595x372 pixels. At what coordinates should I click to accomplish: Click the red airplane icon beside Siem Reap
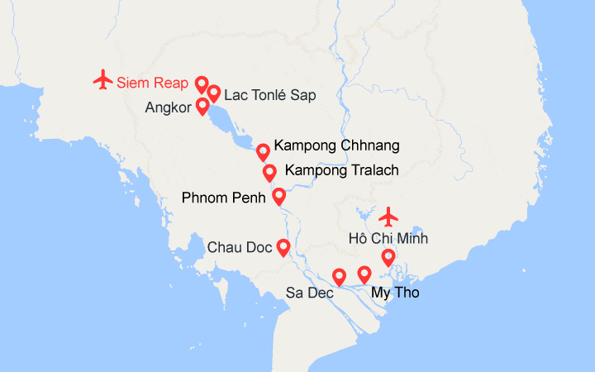click(102, 79)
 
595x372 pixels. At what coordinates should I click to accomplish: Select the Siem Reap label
click(152, 82)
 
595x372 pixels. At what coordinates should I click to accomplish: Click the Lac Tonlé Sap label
click(269, 95)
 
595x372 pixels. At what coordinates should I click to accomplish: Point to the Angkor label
click(167, 107)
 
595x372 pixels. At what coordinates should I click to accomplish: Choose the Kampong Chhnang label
click(336, 146)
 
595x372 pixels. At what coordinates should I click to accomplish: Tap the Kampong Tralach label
click(341, 170)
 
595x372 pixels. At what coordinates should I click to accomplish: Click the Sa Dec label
click(309, 293)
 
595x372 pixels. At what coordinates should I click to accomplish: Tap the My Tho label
click(395, 293)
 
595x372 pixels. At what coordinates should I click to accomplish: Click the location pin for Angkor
click(202, 107)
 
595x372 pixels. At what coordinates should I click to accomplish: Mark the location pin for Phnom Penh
click(278, 197)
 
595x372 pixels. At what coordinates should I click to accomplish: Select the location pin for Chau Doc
click(283, 246)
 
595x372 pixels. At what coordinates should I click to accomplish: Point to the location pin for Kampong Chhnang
click(263, 151)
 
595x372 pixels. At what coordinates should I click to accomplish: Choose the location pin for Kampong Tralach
click(269, 173)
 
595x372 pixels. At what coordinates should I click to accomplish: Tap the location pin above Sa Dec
click(339, 276)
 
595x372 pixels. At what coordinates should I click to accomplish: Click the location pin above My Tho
click(364, 274)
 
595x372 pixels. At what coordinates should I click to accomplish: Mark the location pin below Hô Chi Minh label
click(388, 258)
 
